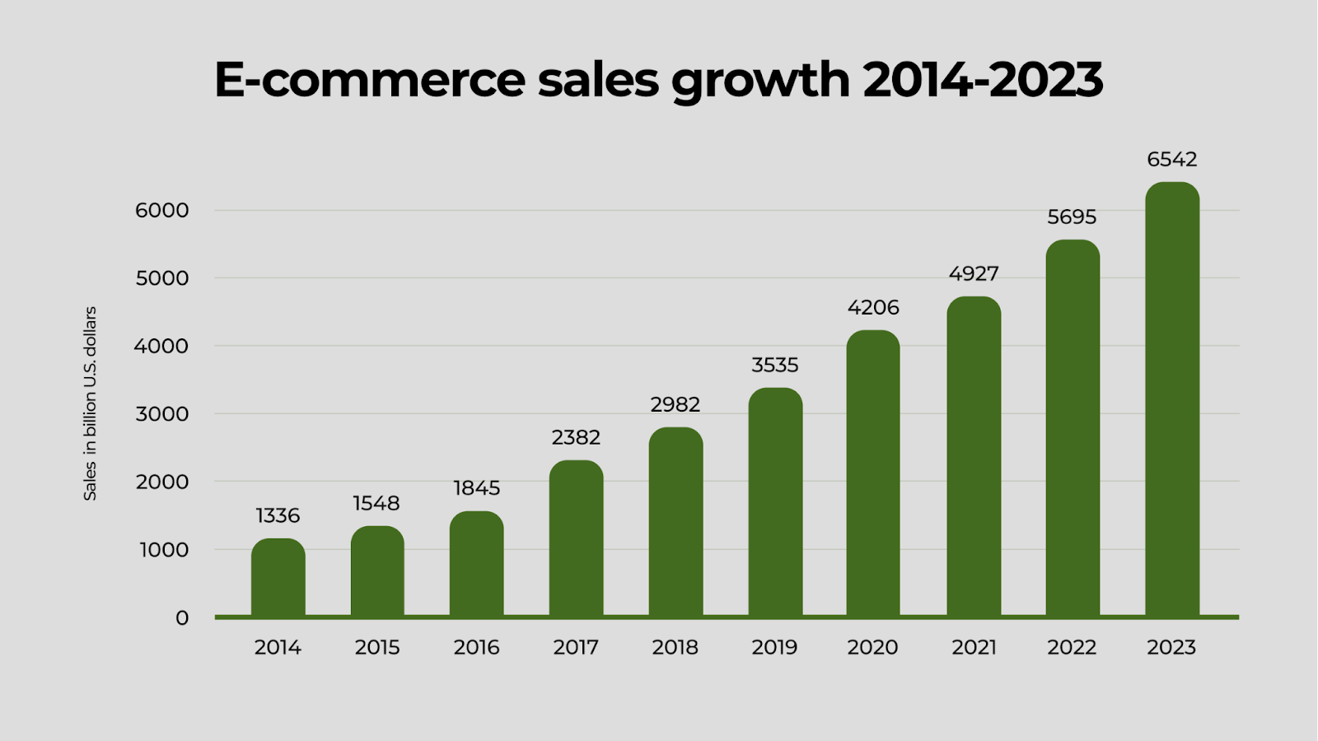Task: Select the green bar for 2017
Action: point(576,538)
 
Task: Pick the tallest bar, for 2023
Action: point(1172,399)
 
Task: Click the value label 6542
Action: point(1172,159)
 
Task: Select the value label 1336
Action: point(278,515)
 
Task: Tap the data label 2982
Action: point(675,404)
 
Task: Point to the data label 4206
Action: point(873,307)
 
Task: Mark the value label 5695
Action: point(1072,217)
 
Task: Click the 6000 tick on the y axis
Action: point(162,210)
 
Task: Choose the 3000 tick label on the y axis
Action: point(162,414)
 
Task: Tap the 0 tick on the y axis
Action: point(182,617)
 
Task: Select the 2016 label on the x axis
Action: point(476,647)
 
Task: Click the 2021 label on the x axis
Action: point(974,647)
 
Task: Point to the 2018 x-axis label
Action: point(675,647)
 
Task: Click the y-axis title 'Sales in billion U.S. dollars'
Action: point(90,403)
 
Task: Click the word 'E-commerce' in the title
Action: point(370,80)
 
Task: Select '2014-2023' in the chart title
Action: point(983,80)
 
